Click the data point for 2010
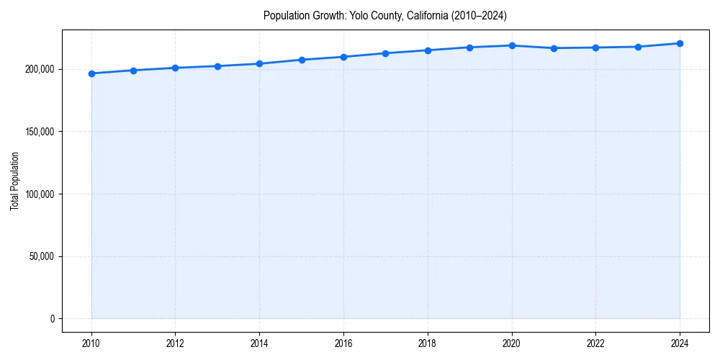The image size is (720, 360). click(91, 73)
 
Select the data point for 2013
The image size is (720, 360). click(217, 66)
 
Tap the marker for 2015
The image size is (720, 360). click(302, 60)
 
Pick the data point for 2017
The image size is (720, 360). click(386, 53)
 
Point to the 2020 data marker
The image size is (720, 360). click(512, 45)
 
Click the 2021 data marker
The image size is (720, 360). click(554, 48)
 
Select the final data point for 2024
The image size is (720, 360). click(680, 43)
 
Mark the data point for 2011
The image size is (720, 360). click(133, 71)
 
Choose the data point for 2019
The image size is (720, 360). click(469, 48)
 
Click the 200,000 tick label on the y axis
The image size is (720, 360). click(39, 69)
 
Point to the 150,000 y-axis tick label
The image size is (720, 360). click(39, 132)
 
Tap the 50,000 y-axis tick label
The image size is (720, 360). click(41, 256)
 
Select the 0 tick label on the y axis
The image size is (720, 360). click(52, 319)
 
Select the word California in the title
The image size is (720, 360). click(424, 16)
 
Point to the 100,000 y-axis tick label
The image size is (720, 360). click(39, 194)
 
